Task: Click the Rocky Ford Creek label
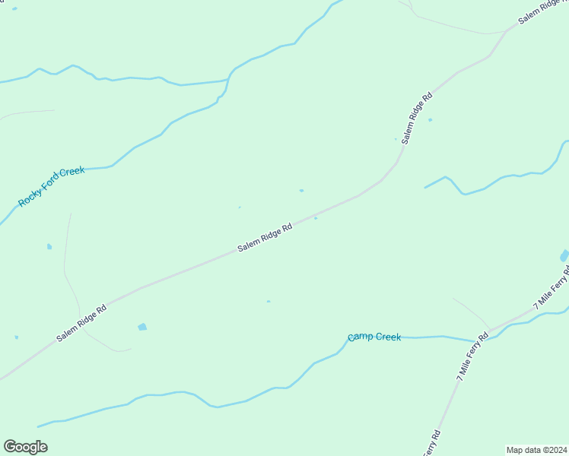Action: click(51, 187)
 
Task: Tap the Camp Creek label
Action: click(374, 337)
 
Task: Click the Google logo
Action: click(25, 447)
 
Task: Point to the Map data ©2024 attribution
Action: click(536, 450)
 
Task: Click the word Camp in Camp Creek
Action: click(360, 337)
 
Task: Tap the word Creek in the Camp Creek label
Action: click(387, 337)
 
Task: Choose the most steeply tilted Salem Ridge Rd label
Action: click(417, 119)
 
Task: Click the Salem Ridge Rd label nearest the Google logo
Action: click(81, 323)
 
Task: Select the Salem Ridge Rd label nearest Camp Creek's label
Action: click(265, 238)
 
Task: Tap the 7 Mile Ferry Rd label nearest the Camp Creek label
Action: click(472, 356)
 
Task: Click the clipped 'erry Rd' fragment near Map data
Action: click(430, 444)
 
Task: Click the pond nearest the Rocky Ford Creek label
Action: click(49, 246)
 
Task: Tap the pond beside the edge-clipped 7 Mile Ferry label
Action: click(564, 255)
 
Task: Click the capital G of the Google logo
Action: click(10, 447)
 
